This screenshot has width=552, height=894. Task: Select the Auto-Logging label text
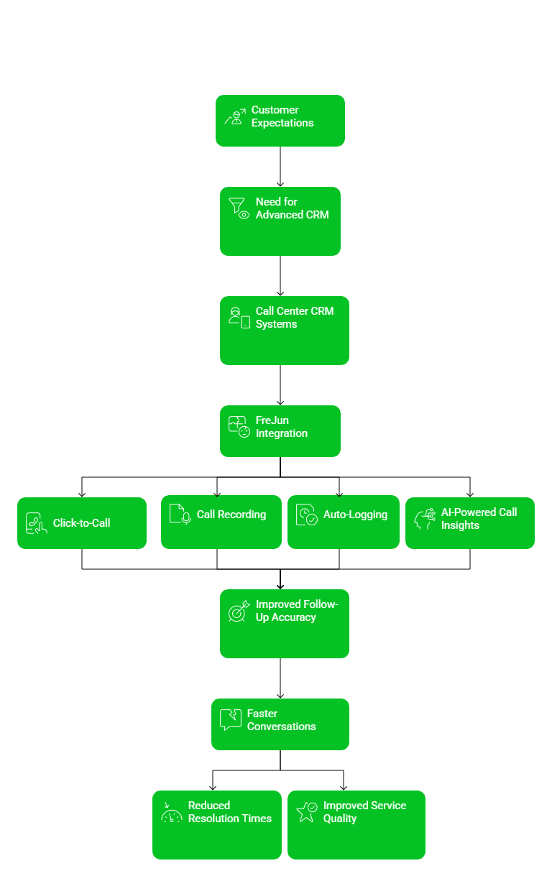tap(355, 515)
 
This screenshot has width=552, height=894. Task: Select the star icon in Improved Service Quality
tap(307, 812)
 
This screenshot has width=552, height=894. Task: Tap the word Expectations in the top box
tap(282, 123)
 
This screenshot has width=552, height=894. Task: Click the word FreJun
tap(272, 420)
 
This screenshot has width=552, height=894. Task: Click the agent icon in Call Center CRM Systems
tap(239, 318)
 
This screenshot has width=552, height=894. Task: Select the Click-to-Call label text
tap(81, 523)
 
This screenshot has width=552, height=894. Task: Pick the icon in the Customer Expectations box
tap(234, 116)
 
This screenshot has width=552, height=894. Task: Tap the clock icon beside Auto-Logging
tap(306, 515)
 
